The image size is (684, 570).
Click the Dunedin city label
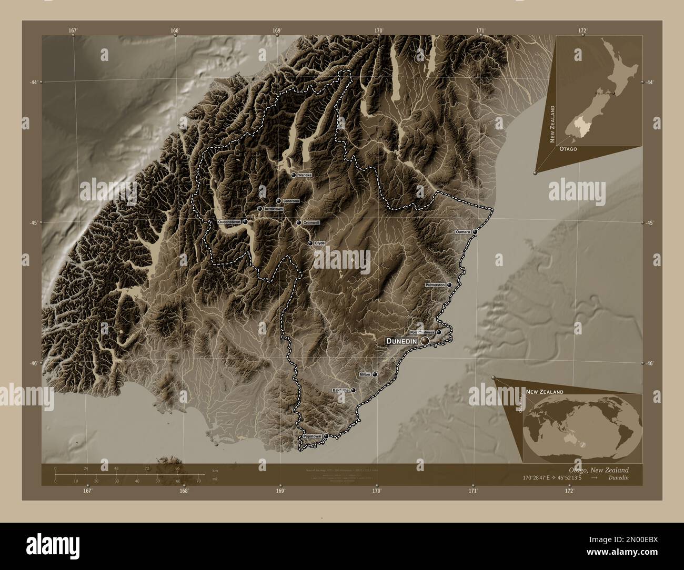[402, 341]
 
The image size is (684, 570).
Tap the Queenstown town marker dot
[245, 222]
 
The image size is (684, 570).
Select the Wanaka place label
[305, 175]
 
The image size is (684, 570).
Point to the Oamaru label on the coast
[463, 232]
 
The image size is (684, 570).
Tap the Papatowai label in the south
[312, 436]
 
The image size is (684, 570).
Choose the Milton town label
[365, 374]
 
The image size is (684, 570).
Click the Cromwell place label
[311, 222]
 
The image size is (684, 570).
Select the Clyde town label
[320, 243]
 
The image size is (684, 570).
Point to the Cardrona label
[291, 201]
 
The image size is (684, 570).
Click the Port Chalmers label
[422, 332]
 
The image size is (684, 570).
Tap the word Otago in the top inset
[568, 149]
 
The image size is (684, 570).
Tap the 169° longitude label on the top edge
[277, 30]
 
